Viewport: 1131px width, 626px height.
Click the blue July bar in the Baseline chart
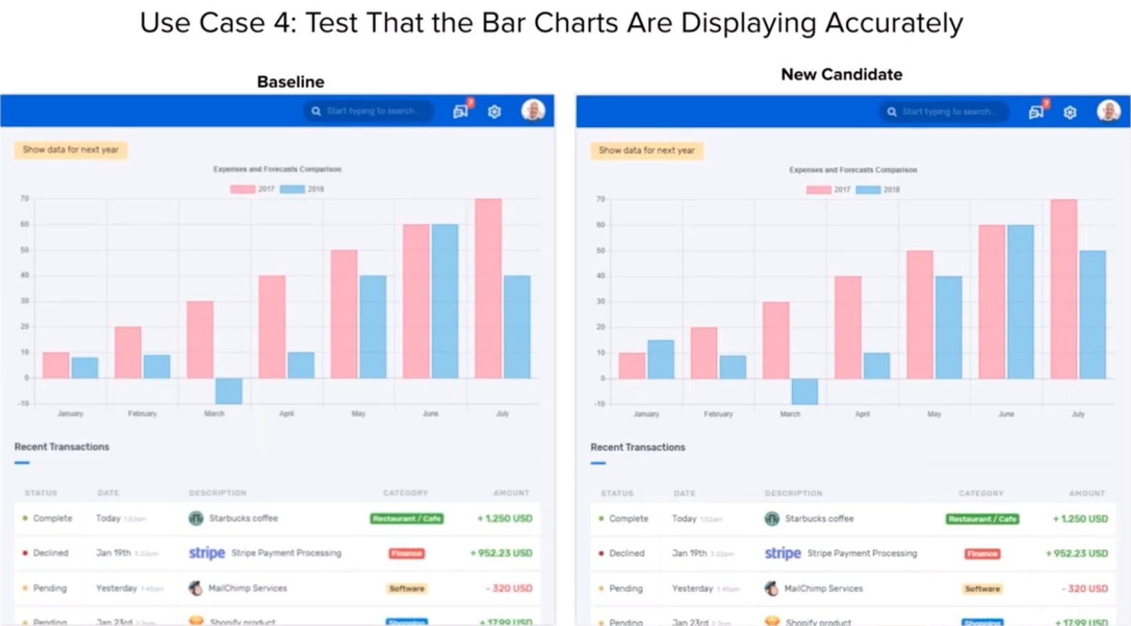point(517,326)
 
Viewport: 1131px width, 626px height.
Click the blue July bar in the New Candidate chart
point(1093,314)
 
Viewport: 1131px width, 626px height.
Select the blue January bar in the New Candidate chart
point(660,359)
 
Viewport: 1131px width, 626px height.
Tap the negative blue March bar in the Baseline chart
point(228,391)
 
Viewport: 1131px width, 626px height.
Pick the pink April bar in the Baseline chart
point(272,326)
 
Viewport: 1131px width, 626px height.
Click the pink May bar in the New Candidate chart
point(920,314)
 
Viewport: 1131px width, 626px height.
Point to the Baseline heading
point(290,82)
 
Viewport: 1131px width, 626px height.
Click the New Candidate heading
point(842,74)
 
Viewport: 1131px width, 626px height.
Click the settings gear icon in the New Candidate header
point(1070,112)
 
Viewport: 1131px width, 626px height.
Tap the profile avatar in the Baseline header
point(533,110)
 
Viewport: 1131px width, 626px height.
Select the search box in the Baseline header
point(369,111)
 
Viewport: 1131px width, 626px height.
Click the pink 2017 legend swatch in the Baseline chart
point(243,189)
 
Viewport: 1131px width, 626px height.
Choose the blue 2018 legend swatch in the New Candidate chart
point(868,190)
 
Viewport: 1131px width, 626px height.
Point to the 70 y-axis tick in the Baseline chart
point(25,199)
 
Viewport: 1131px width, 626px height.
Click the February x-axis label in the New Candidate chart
point(718,414)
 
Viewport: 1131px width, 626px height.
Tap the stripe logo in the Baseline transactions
point(206,553)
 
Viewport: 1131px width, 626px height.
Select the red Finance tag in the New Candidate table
point(982,554)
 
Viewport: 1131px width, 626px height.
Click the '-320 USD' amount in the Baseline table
point(508,588)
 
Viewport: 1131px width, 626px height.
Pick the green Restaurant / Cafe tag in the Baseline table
point(406,519)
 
